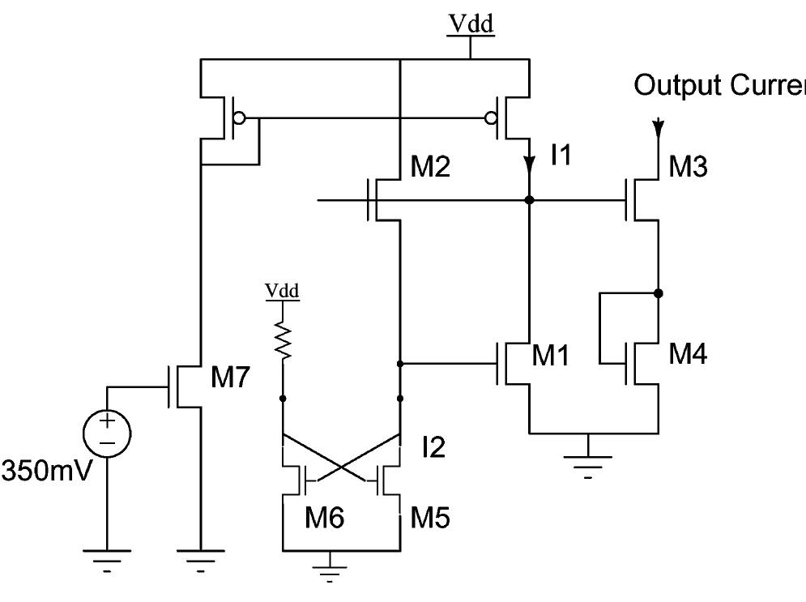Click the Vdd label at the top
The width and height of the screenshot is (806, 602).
click(x=471, y=26)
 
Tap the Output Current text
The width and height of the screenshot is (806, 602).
click(x=719, y=85)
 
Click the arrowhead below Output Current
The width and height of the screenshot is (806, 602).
click(x=659, y=128)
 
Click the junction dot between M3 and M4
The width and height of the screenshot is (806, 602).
click(x=659, y=292)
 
